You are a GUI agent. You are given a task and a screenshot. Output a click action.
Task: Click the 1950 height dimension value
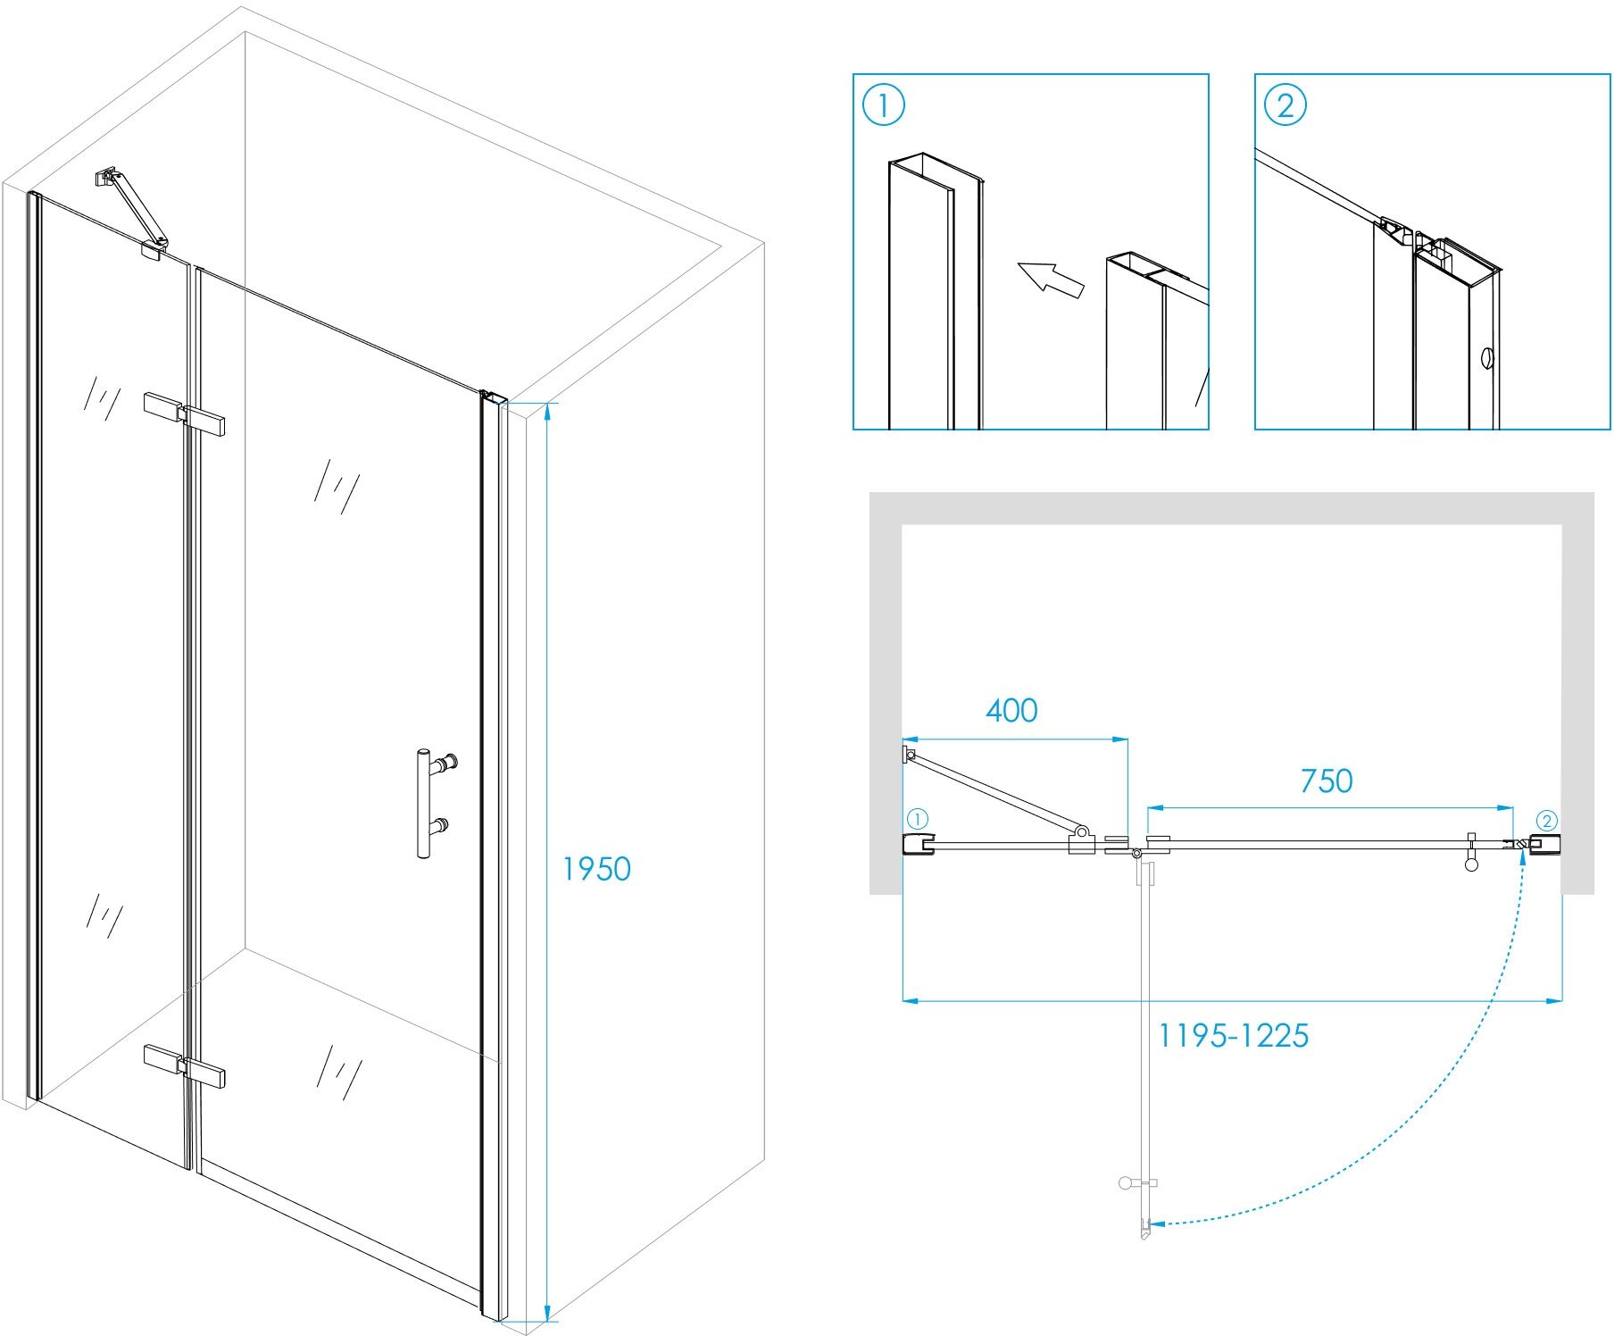point(595,869)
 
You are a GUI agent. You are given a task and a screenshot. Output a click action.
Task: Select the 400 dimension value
point(1011,711)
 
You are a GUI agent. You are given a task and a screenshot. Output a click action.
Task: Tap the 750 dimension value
point(1327,781)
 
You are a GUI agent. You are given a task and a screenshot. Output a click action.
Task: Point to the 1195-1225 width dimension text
point(1233,1036)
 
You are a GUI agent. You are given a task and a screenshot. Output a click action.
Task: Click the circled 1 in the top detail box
point(884,105)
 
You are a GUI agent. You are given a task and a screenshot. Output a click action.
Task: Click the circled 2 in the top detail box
point(1285,105)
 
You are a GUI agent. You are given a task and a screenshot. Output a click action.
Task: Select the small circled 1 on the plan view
point(918,819)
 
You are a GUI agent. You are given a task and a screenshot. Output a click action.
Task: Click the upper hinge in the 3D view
point(184,414)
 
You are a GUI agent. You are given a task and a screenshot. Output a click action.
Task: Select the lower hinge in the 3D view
point(184,1065)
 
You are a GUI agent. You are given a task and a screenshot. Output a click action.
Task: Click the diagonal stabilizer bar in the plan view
point(995,793)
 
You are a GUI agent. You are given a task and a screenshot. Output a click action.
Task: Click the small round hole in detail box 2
point(1486,357)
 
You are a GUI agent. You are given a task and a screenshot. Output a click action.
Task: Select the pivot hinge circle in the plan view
point(1136,855)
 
